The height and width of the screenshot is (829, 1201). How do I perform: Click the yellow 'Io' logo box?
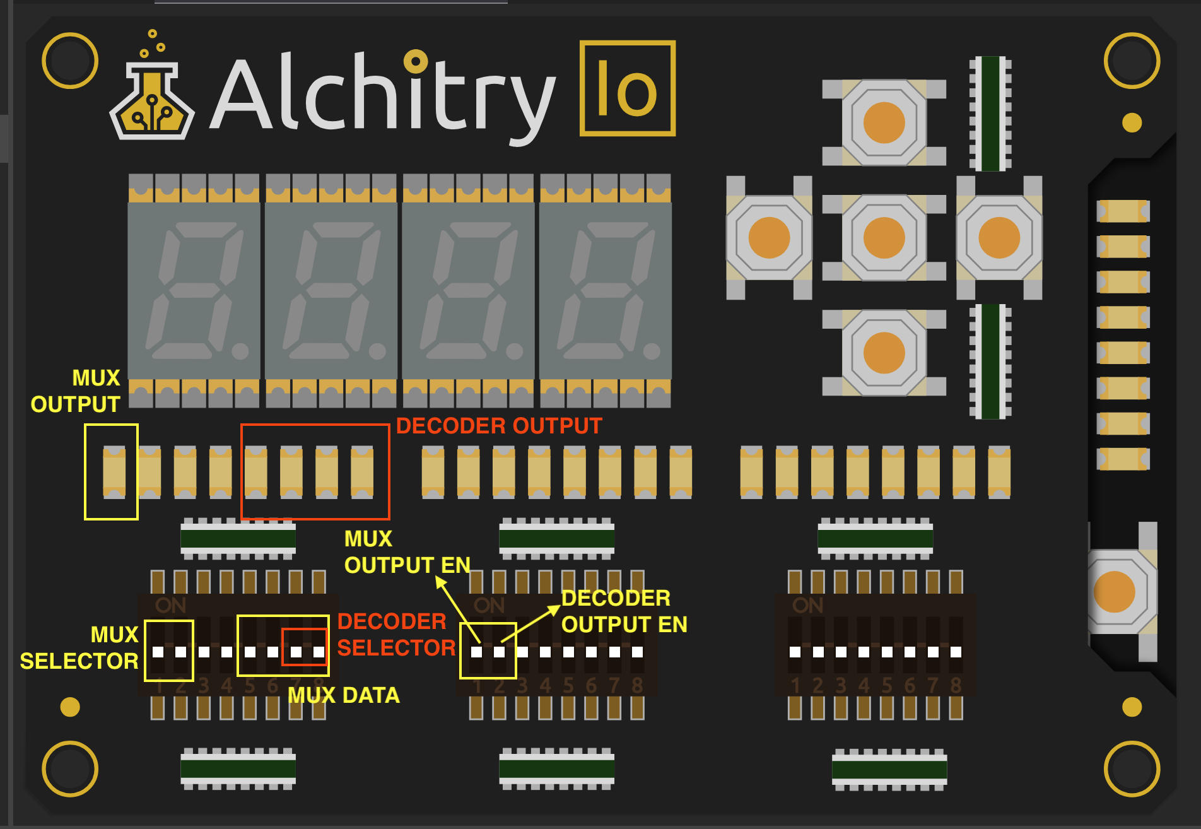627,88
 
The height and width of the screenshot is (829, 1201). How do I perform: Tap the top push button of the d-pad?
884,122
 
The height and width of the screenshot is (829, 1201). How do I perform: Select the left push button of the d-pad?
769,238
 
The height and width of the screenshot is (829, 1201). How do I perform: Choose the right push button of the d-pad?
999,238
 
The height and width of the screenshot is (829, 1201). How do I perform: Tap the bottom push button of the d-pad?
884,353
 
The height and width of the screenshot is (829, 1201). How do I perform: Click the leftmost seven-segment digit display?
194,290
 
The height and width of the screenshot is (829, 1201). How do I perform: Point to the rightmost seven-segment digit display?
606,290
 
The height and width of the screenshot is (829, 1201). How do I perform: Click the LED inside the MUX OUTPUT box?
114,472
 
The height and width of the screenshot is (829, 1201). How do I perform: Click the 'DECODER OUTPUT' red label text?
499,426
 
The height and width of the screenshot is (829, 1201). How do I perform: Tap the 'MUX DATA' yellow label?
344,695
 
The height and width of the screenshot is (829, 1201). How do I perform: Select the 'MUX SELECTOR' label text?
79,648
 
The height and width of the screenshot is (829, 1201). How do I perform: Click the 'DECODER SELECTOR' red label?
395,635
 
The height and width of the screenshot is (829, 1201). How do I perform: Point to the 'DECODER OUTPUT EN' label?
623,611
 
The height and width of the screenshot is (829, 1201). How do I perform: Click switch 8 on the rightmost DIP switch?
956,651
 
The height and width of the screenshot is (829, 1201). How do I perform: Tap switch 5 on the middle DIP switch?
568,651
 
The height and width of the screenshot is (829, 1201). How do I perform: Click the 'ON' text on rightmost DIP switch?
807,606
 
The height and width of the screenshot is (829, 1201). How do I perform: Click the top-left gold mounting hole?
70,61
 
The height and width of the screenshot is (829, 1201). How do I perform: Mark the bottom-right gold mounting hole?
1132,768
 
